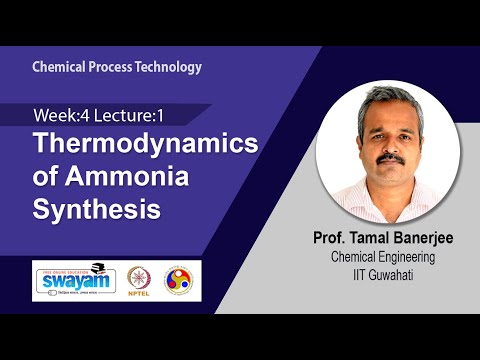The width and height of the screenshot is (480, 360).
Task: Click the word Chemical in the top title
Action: point(57,67)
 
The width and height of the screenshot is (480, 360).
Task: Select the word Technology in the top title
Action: point(167,67)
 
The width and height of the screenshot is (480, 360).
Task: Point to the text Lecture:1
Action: point(129,116)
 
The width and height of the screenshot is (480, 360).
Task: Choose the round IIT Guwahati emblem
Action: point(182,278)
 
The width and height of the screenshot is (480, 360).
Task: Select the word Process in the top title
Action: point(110,67)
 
